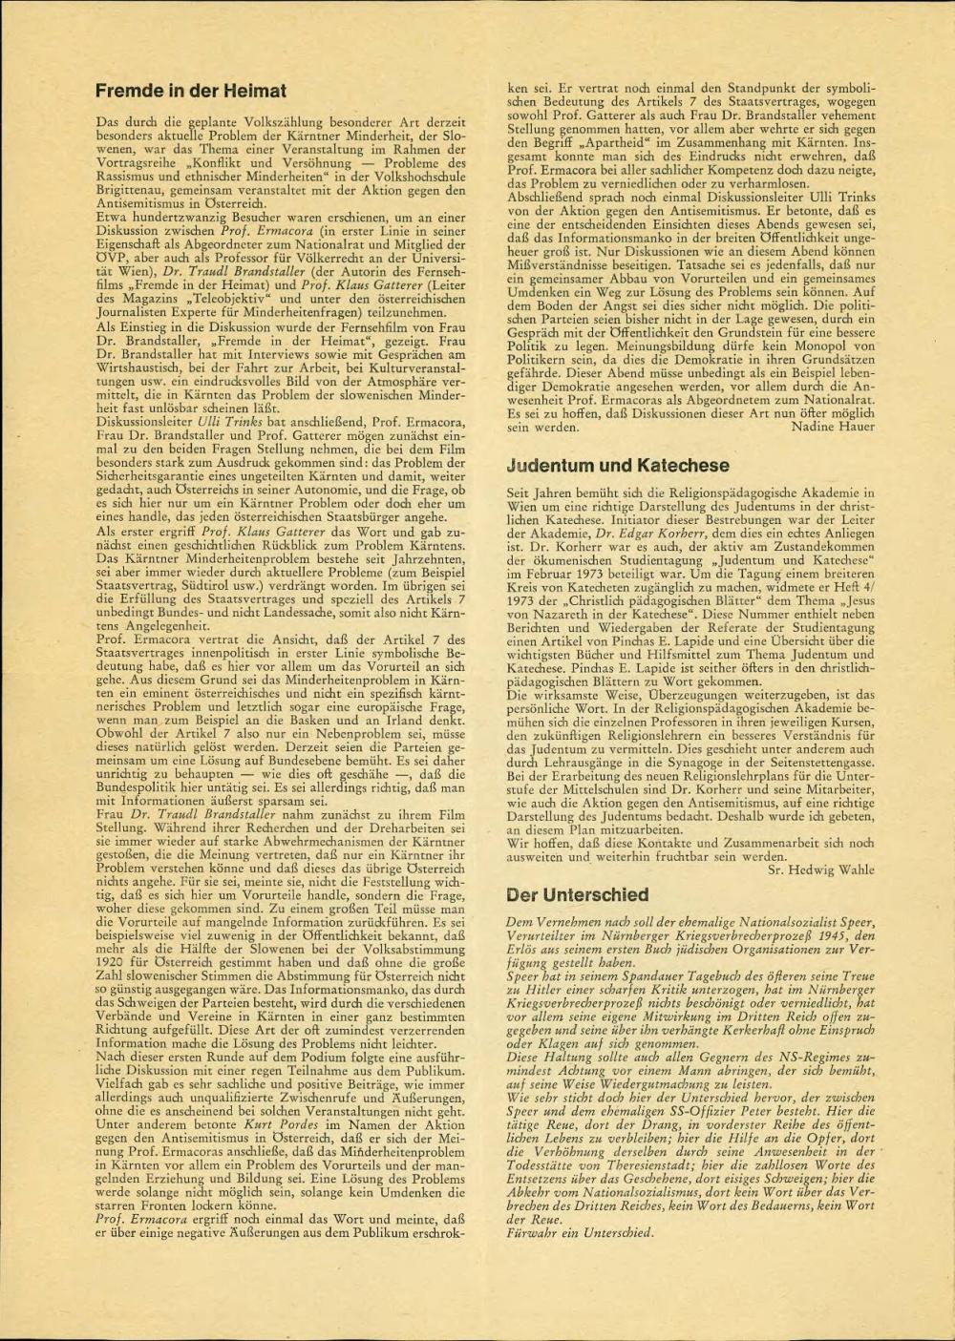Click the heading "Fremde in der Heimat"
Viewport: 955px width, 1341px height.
coord(192,92)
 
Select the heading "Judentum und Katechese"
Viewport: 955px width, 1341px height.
coord(617,466)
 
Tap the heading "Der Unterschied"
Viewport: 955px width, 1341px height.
coord(577,895)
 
